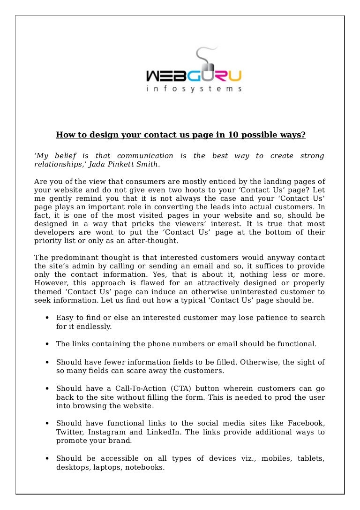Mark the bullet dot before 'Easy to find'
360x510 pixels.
click(x=48, y=318)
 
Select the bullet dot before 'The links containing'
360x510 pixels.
click(x=48, y=344)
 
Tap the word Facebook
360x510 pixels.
click(x=306, y=423)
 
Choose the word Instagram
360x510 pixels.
click(x=109, y=432)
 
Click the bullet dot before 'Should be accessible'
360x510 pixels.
click(x=48, y=459)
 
